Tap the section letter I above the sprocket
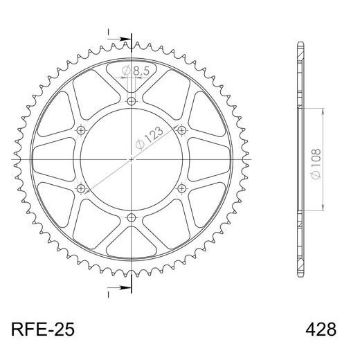(x=109, y=31)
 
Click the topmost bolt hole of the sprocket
(x=132, y=101)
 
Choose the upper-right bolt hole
(x=181, y=130)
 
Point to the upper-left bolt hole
(x=82, y=130)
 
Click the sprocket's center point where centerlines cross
(x=132, y=159)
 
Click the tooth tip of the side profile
(x=300, y=45)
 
